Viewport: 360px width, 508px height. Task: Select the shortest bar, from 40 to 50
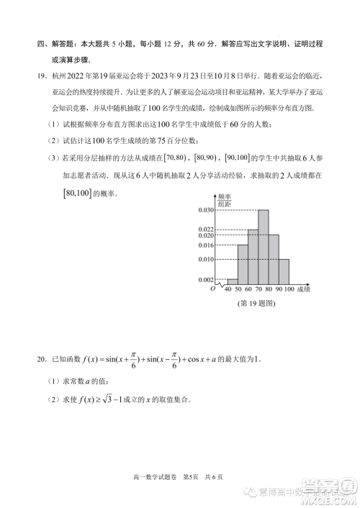coord(233,281)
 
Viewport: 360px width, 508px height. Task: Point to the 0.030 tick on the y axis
coord(206,210)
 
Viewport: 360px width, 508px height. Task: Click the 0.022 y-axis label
coord(206,229)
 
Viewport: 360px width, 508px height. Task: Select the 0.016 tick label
coord(206,245)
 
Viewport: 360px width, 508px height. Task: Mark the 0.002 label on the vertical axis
coord(206,279)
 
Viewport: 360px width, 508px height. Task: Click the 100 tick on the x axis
coord(289,289)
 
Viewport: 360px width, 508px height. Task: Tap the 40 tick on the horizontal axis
coord(228,289)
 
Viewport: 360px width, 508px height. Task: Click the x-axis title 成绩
coord(302,289)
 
